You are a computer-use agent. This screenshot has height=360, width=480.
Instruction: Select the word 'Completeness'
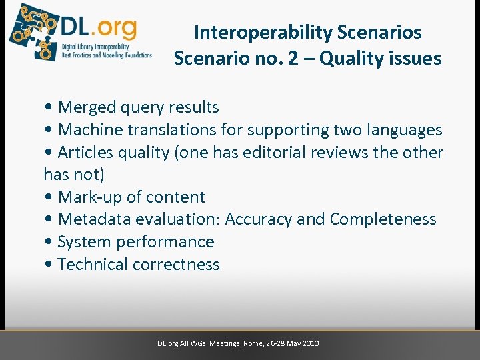click(383, 219)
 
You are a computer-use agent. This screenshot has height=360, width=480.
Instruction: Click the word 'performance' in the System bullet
click(170, 242)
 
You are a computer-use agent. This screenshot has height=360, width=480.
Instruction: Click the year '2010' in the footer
click(311, 343)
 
